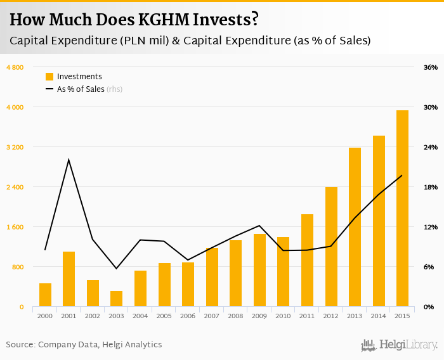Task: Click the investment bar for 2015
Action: pyautogui.click(x=402, y=209)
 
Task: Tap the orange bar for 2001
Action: pyautogui.click(x=69, y=279)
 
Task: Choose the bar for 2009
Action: pyautogui.click(x=259, y=270)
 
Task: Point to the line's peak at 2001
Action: pyautogui.click(x=69, y=160)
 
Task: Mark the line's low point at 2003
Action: pyautogui.click(x=116, y=269)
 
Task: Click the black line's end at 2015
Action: pyautogui.click(x=402, y=176)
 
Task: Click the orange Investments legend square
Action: pyautogui.click(x=49, y=77)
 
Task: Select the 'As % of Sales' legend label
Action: pyautogui.click(x=81, y=89)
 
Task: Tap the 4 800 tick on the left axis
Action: pyautogui.click(x=15, y=67)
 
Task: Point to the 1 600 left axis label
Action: pyautogui.click(x=15, y=227)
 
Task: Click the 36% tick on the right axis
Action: pyautogui.click(x=431, y=67)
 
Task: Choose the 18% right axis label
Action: pyautogui.click(x=431, y=187)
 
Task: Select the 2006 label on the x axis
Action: pyautogui.click(x=188, y=316)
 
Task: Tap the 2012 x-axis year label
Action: pyautogui.click(x=330, y=316)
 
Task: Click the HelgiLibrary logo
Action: pyautogui.click(x=400, y=345)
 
